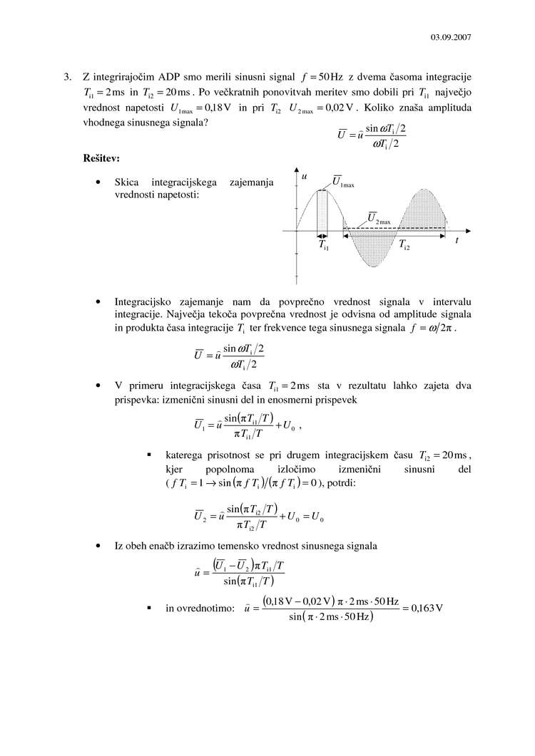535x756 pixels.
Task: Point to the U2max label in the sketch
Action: (379, 218)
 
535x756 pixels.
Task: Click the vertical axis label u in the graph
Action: (305, 175)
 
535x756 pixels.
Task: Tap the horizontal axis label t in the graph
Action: (457, 241)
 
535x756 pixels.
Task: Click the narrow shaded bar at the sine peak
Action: (322, 211)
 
